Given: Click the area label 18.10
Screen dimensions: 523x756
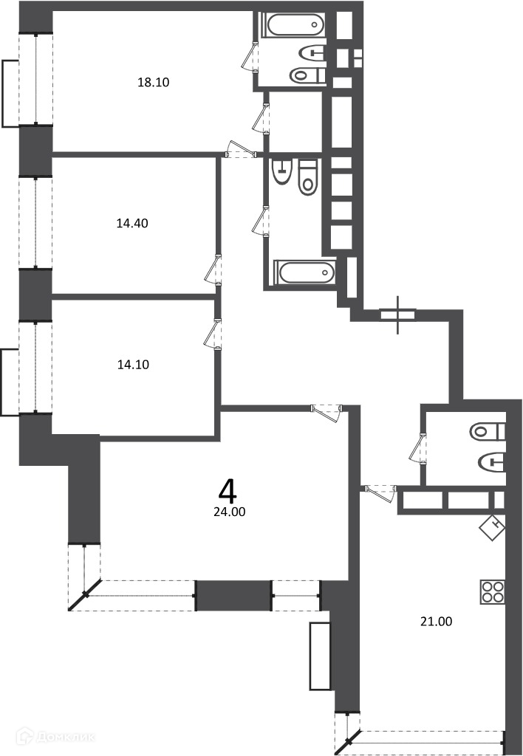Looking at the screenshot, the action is tap(154, 82).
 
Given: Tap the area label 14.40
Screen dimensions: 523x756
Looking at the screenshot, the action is tap(132, 223).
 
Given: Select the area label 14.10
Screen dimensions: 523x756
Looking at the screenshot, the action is tap(133, 365).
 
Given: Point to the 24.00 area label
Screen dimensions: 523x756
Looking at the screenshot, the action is tap(229, 512).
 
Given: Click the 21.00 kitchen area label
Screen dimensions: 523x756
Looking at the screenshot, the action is tap(436, 622).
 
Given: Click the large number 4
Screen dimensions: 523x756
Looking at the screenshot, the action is tap(228, 491).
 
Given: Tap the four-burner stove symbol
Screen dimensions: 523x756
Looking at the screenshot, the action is tap(492, 591).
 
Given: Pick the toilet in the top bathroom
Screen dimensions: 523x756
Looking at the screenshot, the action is tap(307, 75).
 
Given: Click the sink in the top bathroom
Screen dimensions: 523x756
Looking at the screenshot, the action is tap(312, 52).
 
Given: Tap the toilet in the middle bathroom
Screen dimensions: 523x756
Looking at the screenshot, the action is tap(308, 177).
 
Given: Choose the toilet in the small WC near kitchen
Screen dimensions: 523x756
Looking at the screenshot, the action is tap(488, 431).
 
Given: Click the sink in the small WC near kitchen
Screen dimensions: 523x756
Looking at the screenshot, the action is tap(492, 462).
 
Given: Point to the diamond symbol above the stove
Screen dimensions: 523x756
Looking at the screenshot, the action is tap(492, 527).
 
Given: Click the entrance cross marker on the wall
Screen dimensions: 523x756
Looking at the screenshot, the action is tap(397, 315).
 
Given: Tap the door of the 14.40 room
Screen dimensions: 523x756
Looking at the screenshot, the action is tap(213, 270).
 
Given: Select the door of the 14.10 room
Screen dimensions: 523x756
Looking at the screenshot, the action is tap(213, 334).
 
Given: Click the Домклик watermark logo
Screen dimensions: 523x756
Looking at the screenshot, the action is tap(55, 736).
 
